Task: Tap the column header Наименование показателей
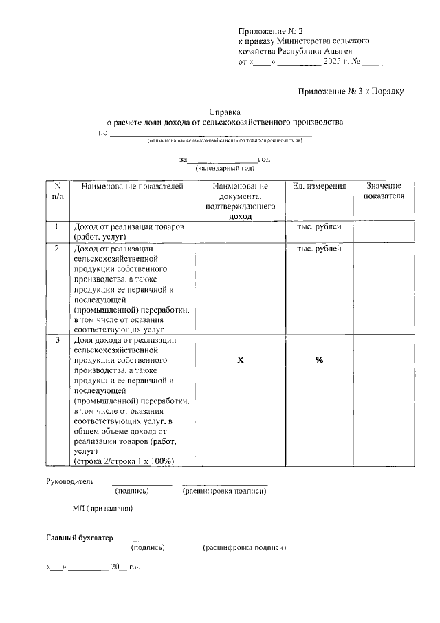(x=129, y=187)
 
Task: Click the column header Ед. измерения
(x=319, y=187)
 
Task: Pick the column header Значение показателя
(x=384, y=191)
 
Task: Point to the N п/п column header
(x=58, y=191)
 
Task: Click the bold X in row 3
(x=241, y=360)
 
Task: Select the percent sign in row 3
(x=320, y=360)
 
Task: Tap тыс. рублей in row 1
(x=319, y=226)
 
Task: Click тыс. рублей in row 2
(x=319, y=249)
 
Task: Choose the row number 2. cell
(x=58, y=249)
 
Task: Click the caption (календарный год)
(x=225, y=168)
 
